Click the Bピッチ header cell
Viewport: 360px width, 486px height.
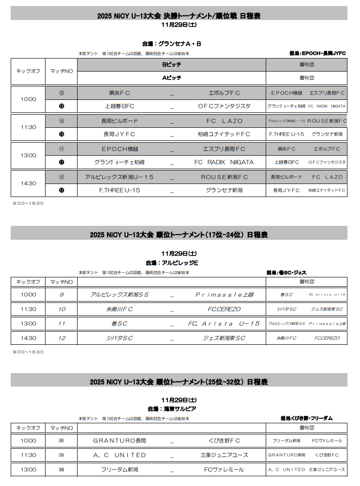point(171,65)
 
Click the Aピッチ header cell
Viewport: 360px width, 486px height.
point(171,78)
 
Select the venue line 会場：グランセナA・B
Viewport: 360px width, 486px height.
point(171,44)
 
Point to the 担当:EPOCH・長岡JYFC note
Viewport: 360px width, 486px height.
point(317,53)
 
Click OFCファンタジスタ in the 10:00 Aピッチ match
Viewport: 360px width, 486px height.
point(224,106)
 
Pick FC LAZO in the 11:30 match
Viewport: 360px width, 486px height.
point(224,121)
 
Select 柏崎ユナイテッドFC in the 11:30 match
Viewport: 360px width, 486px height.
point(224,134)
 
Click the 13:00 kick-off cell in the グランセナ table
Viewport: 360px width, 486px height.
point(28,155)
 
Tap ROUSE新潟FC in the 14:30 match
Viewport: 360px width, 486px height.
point(224,177)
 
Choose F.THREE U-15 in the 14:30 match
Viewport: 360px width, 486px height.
point(119,190)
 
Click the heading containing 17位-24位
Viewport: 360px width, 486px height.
point(179,235)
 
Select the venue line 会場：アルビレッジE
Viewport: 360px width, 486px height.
point(172,263)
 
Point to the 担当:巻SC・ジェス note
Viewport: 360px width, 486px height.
point(286,272)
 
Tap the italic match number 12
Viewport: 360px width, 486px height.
point(61,338)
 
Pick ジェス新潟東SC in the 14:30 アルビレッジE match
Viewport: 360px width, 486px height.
point(224,338)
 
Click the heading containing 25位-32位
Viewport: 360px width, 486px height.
point(179,382)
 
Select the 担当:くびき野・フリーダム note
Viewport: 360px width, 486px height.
point(307,418)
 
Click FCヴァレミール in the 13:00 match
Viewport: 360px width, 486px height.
point(224,469)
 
